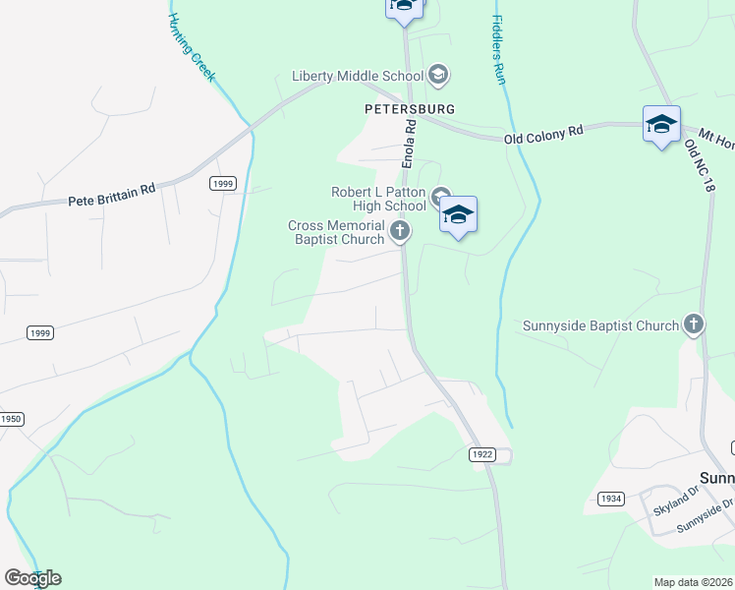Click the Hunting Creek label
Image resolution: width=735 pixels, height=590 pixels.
point(192,47)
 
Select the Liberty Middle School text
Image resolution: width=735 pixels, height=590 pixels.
point(357,76)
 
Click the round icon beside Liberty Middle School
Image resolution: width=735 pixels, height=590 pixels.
point(438,75)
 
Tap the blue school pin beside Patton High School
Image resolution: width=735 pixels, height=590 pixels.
point(458,213)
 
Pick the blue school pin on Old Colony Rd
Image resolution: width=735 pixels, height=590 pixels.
point(661,124)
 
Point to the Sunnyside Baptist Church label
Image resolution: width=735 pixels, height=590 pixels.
point(600,325)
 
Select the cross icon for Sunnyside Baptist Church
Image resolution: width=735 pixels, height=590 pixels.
point(694,324)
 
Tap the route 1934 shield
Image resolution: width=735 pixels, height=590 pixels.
point(611,499)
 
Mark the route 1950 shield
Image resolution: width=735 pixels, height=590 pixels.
point(11,419)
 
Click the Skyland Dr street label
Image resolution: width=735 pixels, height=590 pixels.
point(674,510)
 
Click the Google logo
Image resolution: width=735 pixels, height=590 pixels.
point(32,578)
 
